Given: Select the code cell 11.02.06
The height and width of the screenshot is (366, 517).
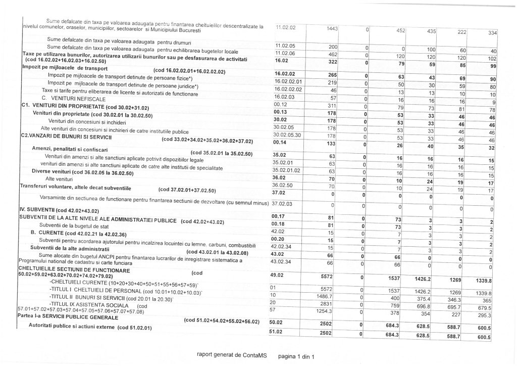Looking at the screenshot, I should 284,53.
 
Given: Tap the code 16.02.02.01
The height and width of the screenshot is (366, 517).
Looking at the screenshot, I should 288,81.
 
